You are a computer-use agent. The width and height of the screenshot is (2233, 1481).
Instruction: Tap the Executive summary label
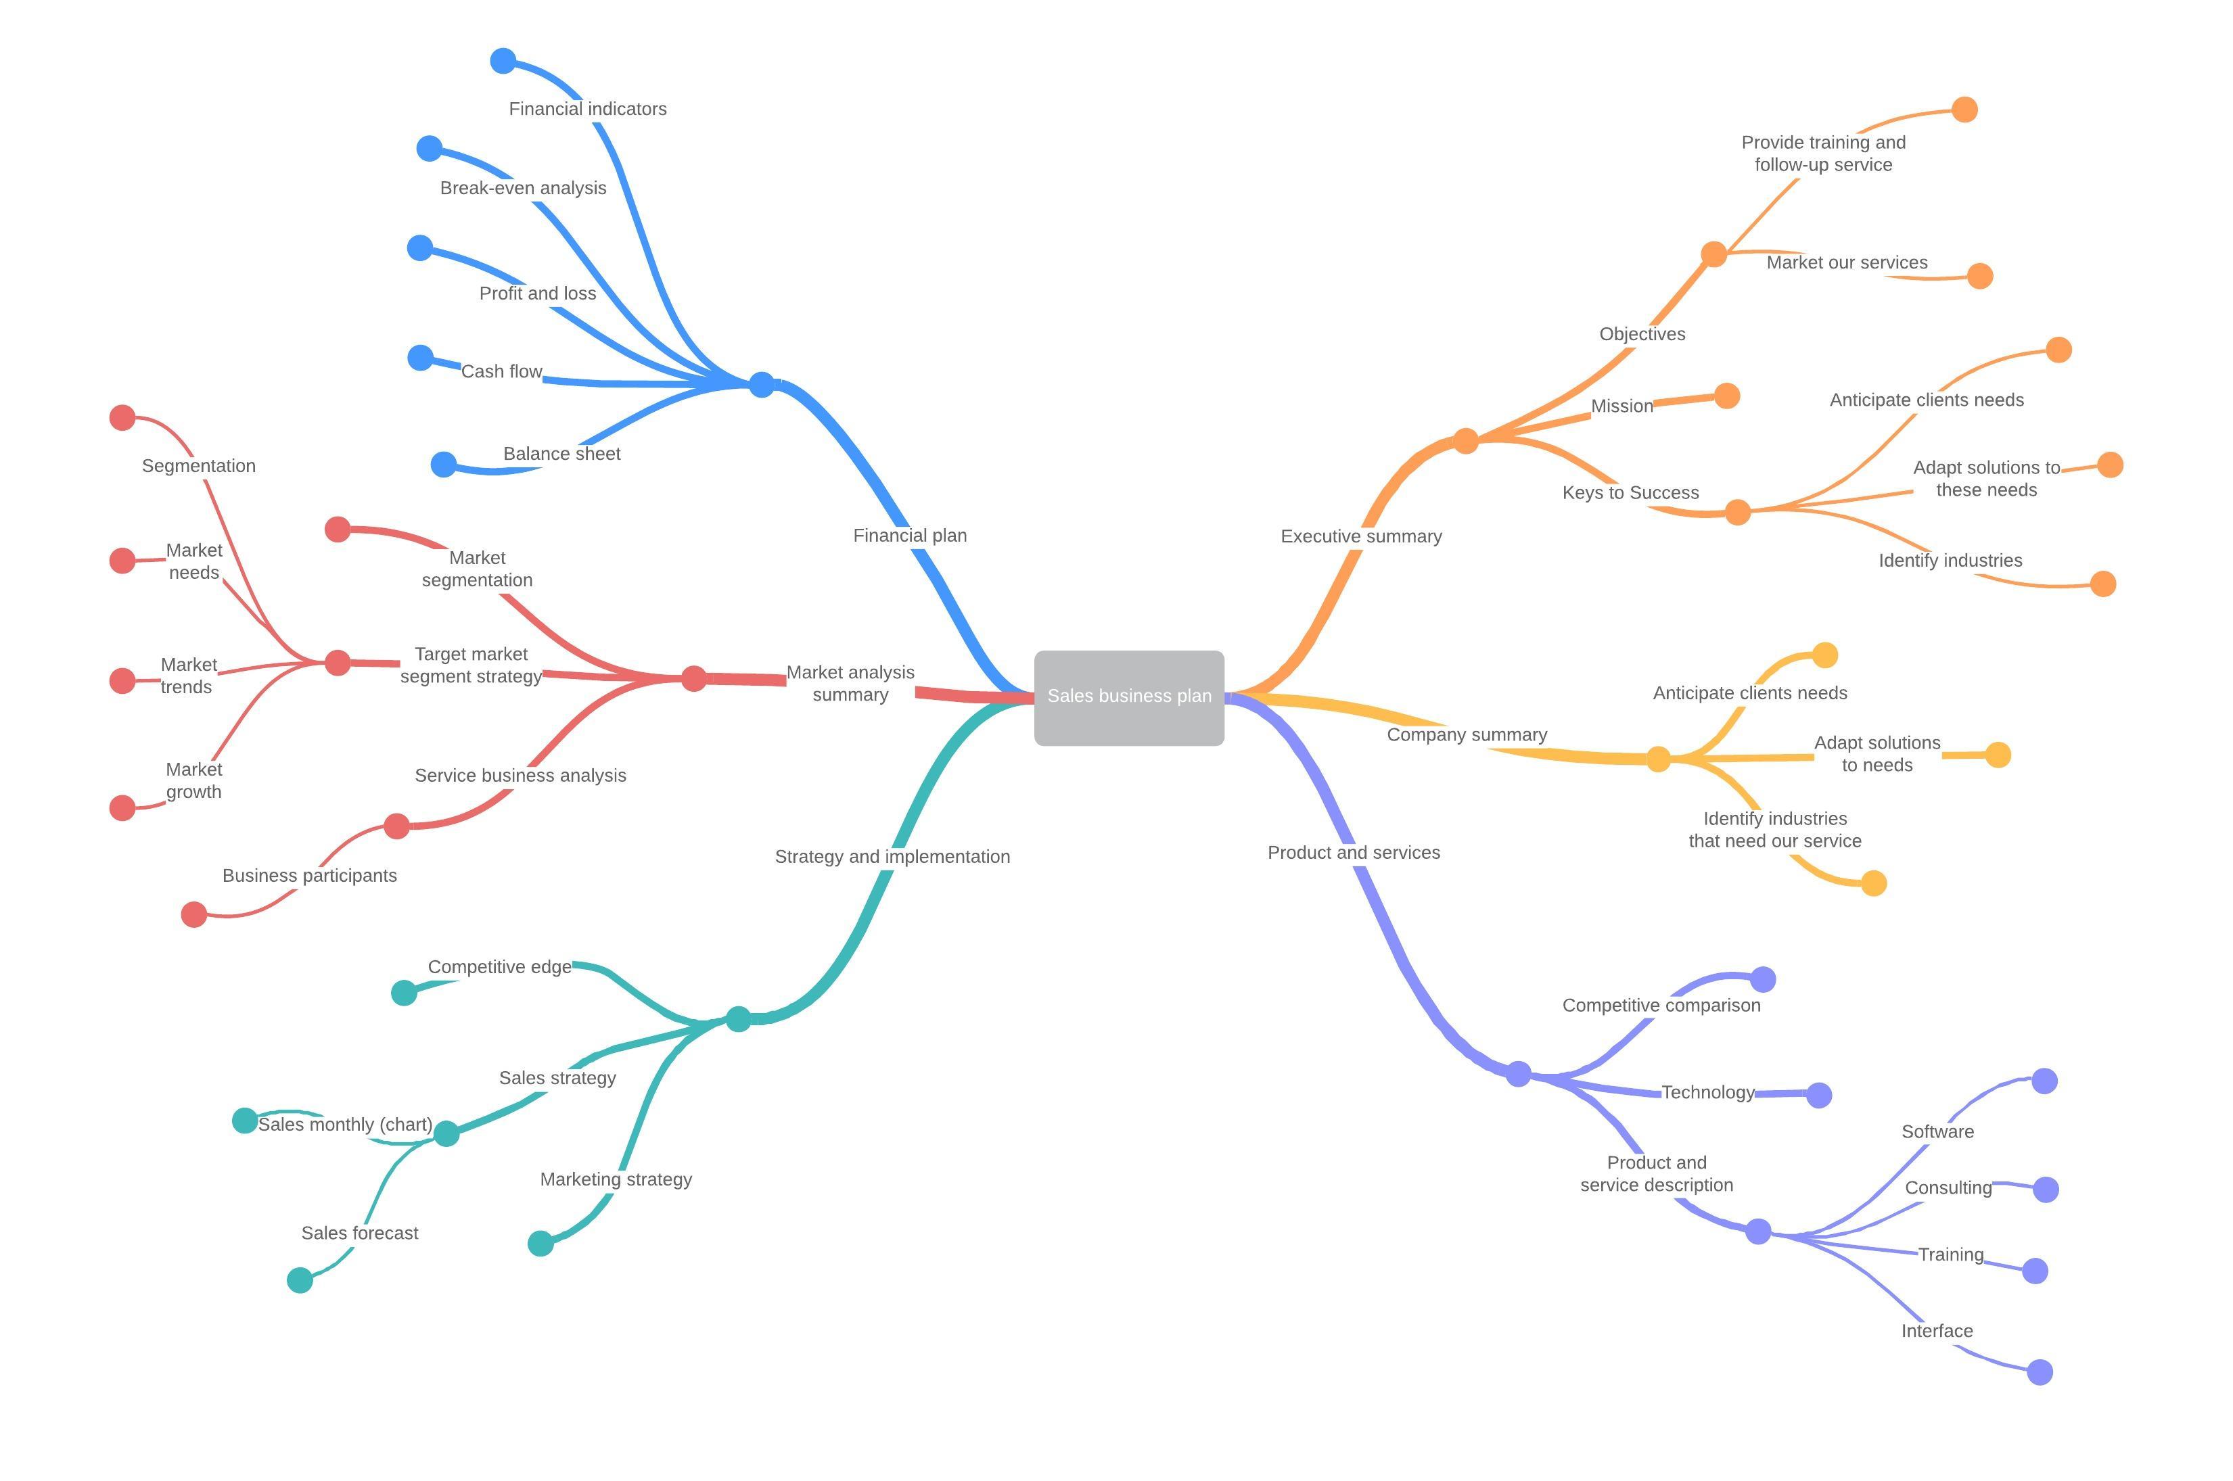[x=1360, y=536]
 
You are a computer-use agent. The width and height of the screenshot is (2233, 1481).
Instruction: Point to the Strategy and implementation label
[x=892, y=857]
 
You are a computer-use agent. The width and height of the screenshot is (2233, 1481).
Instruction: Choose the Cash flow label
[x=501, y=371]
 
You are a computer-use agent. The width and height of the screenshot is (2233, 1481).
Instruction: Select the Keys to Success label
[x=1630, y=493]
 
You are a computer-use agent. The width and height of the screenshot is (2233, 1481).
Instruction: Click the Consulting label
[x=1947, y=1188]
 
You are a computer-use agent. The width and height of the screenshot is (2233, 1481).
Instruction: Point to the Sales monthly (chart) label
[x=345, y=1125]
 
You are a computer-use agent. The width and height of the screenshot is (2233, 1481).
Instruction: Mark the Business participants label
[x=309, y=876]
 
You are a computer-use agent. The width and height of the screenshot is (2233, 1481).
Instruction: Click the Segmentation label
[x=198, y=466]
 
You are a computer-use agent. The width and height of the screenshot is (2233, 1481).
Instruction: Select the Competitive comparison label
[x=1661, y=1006]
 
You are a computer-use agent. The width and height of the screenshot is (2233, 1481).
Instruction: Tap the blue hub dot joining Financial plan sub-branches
[x=761, y=384]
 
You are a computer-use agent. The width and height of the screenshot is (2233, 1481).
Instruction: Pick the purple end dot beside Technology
[x=1818, y=1095]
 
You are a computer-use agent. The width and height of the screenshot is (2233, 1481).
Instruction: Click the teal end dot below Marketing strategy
[x=540, y=1244]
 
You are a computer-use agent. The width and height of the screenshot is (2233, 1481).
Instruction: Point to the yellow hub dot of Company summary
[x=1658, y=759]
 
